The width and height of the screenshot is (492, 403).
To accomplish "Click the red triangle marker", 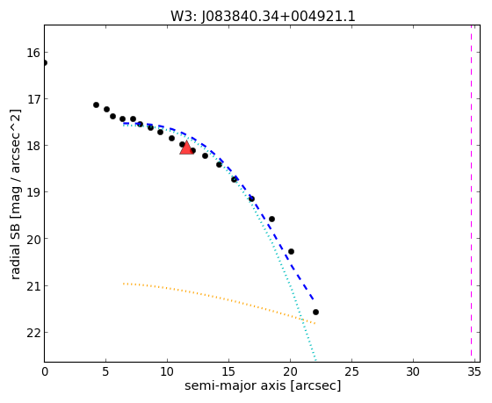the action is [186, 148].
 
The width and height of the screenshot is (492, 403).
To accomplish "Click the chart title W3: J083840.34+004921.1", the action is [263, 17].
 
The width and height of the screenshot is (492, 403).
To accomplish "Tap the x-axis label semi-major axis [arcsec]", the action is [263, 385].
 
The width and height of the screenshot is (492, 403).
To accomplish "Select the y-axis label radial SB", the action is [15, 248].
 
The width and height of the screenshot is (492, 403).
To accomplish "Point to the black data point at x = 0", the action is [44, 63].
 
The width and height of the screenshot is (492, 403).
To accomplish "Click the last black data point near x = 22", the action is [315, 312].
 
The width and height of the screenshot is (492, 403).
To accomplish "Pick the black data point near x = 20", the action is [291, 251].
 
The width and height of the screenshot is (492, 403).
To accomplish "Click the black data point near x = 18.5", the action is [272, 219].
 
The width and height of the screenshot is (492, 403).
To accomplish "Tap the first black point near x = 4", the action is [97, 104].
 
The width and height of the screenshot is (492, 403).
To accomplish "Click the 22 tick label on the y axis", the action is [33, 333].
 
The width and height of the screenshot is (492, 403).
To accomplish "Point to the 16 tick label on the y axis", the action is [33, 53].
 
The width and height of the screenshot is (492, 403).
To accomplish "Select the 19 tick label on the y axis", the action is [33, 192].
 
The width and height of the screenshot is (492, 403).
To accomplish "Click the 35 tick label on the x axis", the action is [474, 372].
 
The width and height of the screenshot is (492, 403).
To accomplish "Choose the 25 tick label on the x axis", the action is [351, 372].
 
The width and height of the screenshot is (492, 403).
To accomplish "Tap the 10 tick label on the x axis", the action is [167, 372].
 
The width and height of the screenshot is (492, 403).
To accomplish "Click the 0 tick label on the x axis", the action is [45, 372].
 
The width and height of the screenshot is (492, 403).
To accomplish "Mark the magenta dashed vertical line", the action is [471, 191].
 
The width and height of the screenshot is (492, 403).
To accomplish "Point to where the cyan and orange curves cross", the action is [302, 320].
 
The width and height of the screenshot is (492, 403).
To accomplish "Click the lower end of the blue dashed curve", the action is [314, 299].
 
